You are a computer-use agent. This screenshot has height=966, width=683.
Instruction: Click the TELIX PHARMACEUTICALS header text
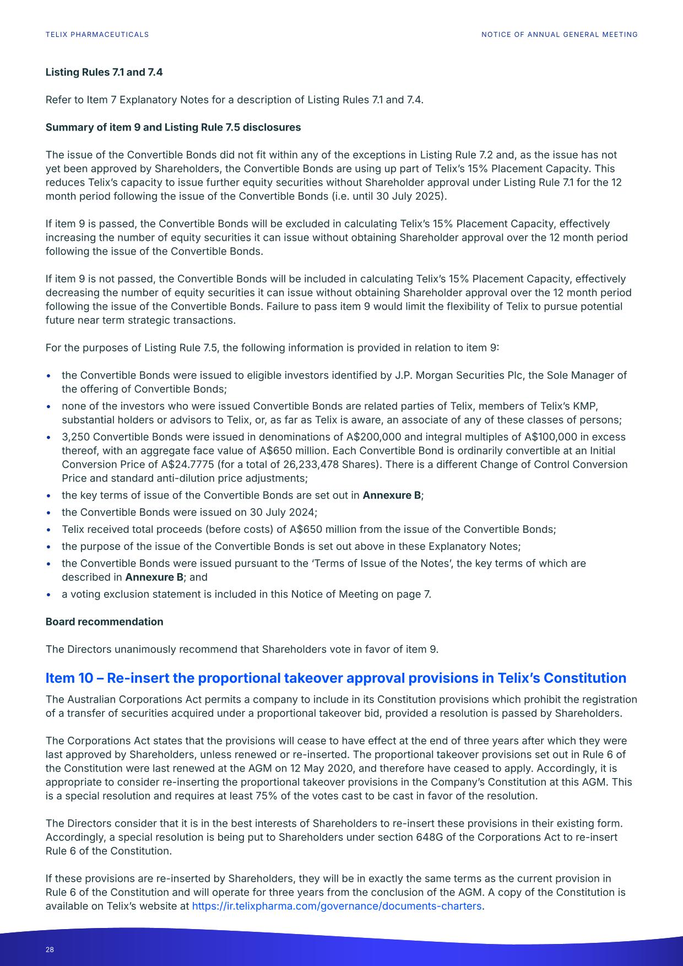(97, 35)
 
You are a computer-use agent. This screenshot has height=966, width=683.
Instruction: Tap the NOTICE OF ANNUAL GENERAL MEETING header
(559, 35)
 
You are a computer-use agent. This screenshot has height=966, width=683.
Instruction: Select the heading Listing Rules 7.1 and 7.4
(104, 72)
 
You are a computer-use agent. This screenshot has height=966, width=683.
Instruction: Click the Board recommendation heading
(104, 622)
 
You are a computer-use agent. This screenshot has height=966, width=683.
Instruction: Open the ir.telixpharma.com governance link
(337, 906)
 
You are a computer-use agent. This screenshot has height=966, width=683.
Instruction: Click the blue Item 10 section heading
(335, 678)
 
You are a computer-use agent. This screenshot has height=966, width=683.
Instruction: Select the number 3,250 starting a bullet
(74, 437)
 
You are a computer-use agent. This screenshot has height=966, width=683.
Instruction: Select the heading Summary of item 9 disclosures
(173, 127)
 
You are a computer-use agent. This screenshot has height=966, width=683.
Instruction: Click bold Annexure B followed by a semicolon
(392, 495)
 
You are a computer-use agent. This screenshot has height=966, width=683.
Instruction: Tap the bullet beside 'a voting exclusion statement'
(50, 595)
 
